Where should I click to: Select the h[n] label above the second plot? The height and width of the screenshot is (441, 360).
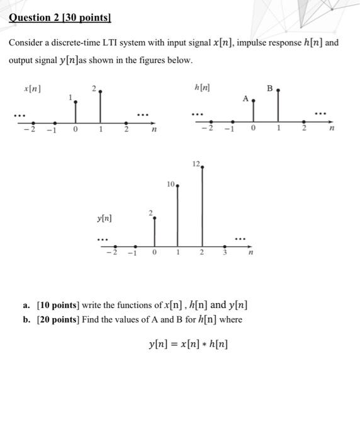[202, 89]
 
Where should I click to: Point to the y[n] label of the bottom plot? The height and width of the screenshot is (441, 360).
[104, 218]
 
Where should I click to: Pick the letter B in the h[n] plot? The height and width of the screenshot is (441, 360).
[270, 89]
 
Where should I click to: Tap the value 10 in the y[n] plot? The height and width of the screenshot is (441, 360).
[171, 184]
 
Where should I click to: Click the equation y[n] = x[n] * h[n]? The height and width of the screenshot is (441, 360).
[189, 344]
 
